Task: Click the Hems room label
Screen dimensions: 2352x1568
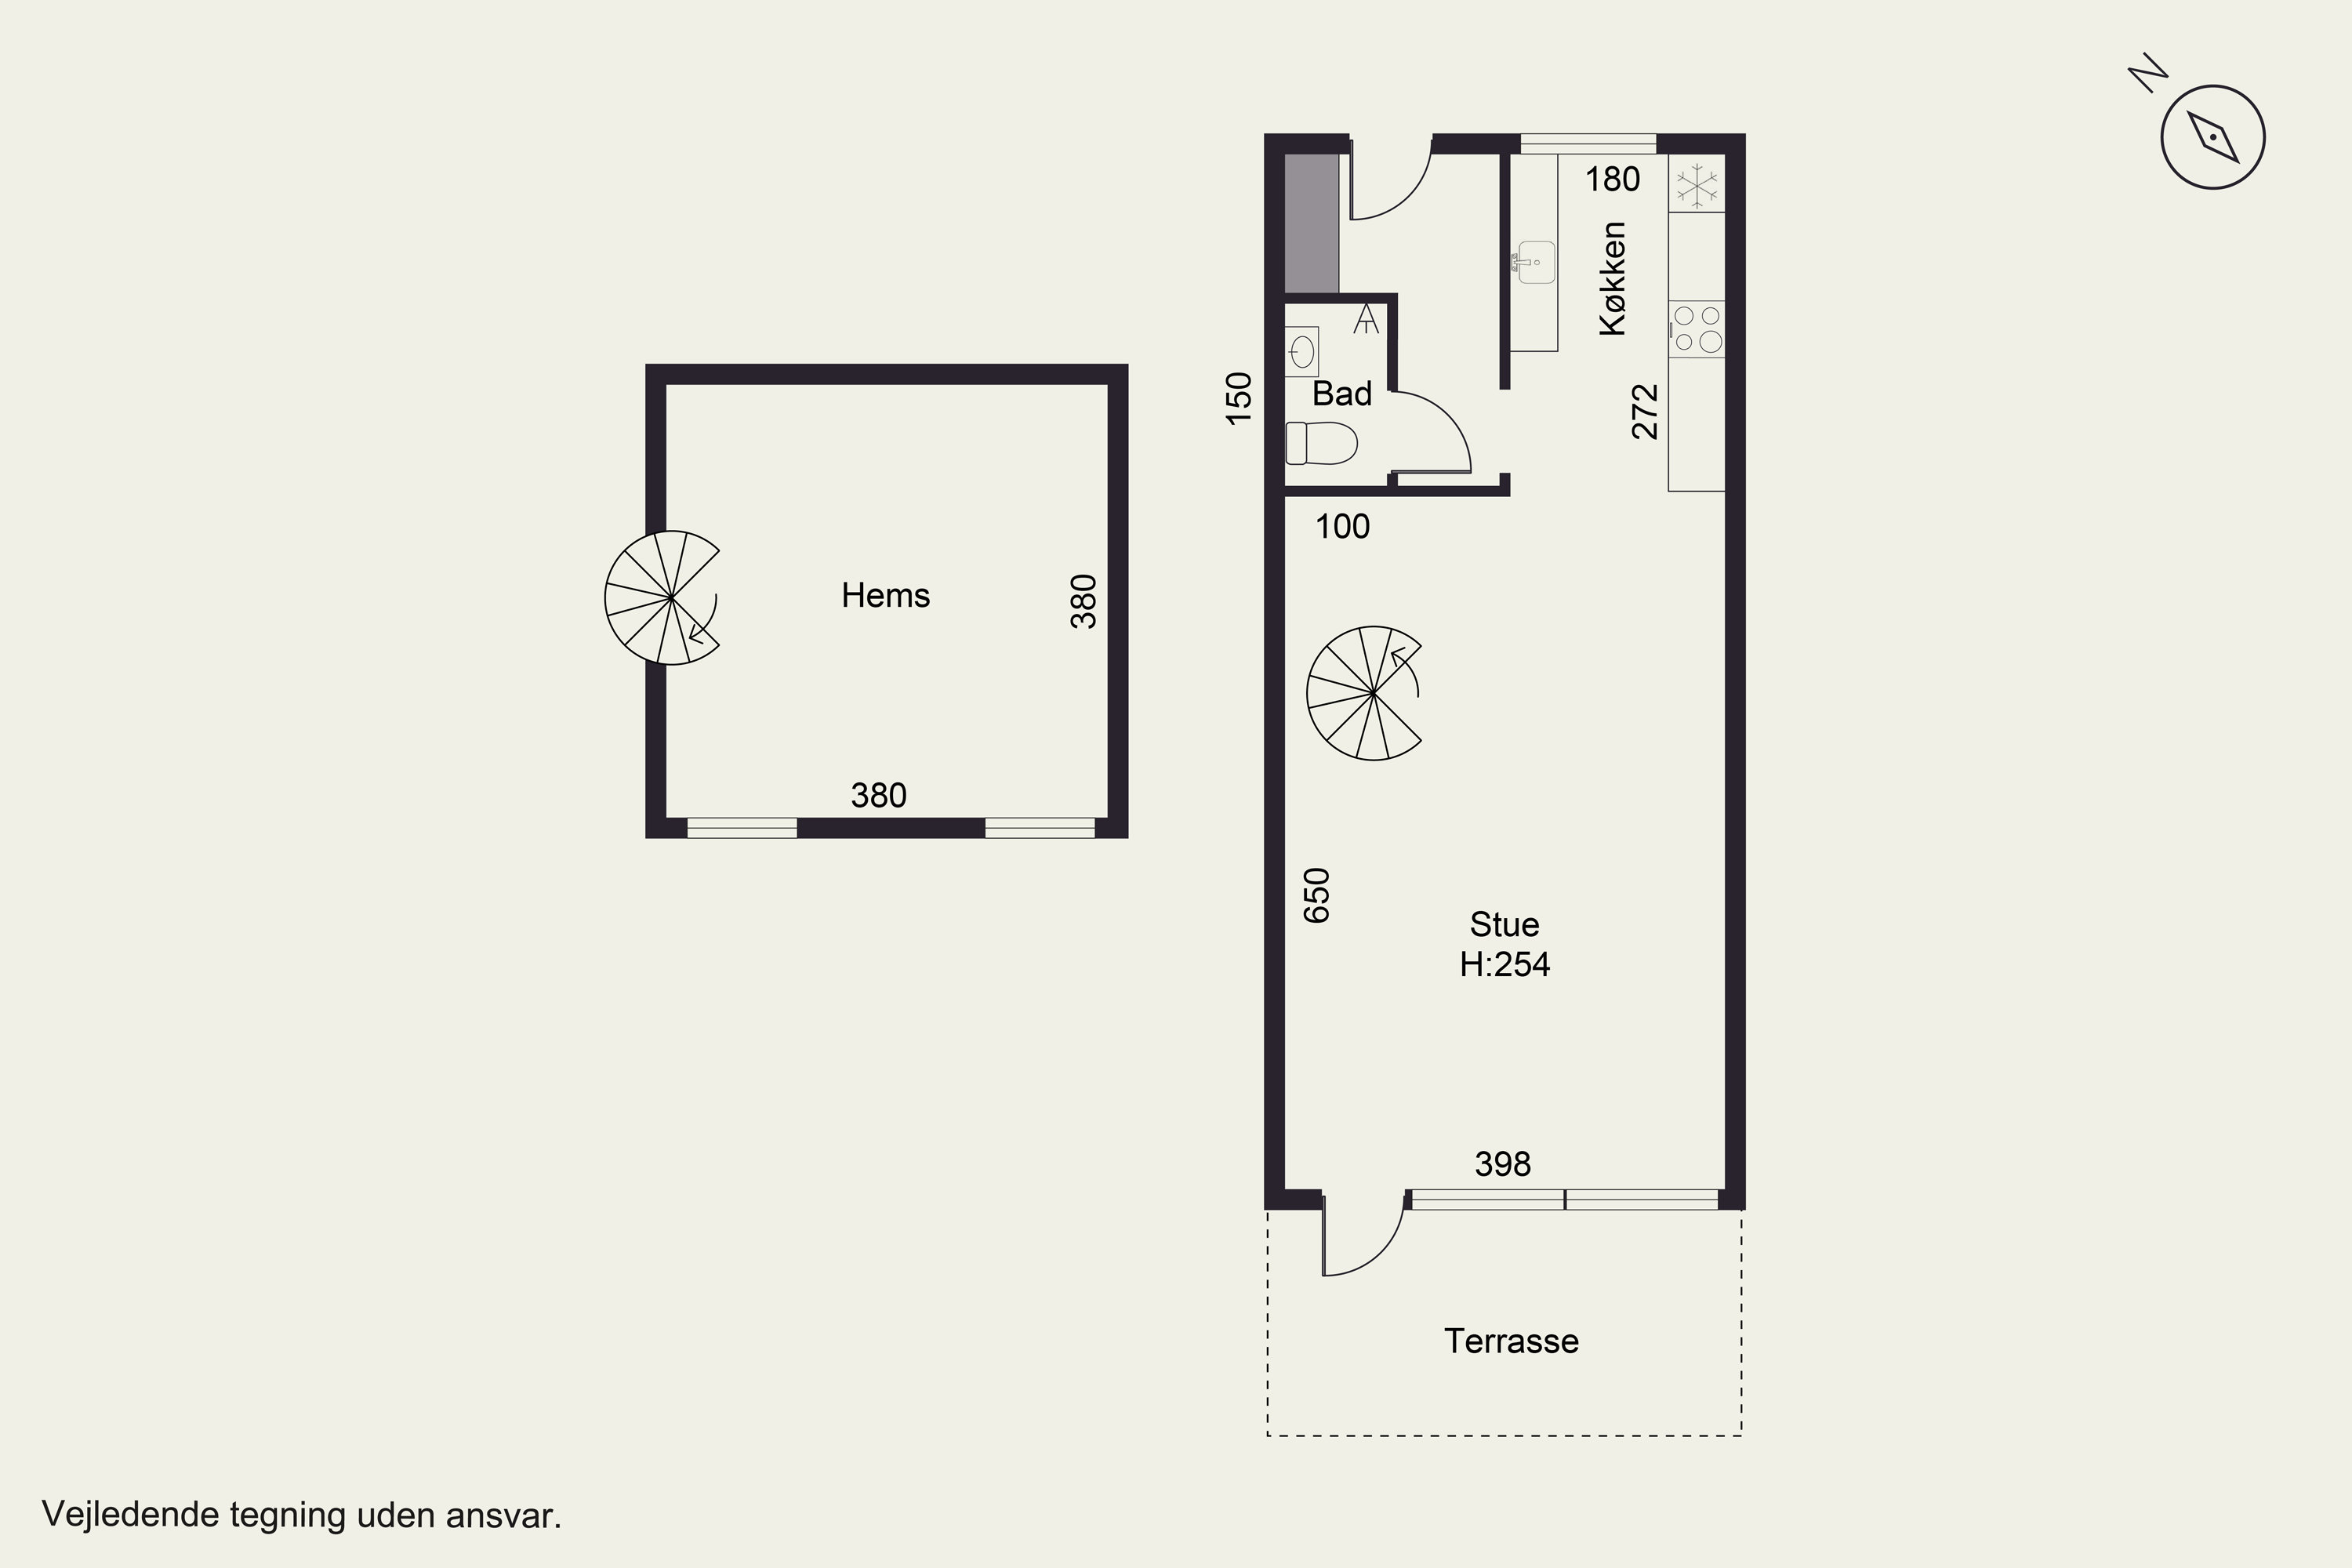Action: coord(886,596)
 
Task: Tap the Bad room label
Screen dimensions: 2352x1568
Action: coord(1342,394)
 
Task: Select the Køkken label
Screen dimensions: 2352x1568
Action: coord(1613,278)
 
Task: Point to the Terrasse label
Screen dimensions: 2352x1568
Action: coord(1511,1341)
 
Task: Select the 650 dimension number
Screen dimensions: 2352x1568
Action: coord(1318,895)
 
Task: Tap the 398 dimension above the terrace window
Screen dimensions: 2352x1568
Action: coord(1503,1164)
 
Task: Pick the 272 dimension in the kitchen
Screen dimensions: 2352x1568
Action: coord(1645,412)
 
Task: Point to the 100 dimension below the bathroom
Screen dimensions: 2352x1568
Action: coord(1342,527)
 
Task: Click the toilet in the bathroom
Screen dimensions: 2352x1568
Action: coord(1321,443)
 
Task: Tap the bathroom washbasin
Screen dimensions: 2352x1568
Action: coord(1302,352)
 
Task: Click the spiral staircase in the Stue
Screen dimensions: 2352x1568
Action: coord(1365,693)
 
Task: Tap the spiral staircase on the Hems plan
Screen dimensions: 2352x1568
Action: coord(662,598)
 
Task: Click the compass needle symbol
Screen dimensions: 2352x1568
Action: coord(2213,137)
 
